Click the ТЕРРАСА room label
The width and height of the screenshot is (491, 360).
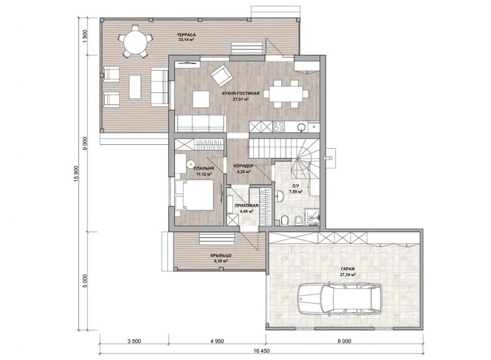186,35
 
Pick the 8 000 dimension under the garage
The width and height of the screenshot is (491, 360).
345,341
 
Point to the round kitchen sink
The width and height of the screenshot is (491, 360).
301,127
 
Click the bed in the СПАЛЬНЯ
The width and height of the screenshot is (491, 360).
195,195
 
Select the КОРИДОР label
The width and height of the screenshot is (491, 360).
244,166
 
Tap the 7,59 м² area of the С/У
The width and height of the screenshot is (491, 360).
296,192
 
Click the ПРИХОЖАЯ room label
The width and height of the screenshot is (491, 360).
247,206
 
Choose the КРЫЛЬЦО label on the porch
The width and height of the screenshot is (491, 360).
221,256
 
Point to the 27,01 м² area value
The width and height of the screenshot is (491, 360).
240,99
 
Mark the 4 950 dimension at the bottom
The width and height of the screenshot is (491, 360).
217,341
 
